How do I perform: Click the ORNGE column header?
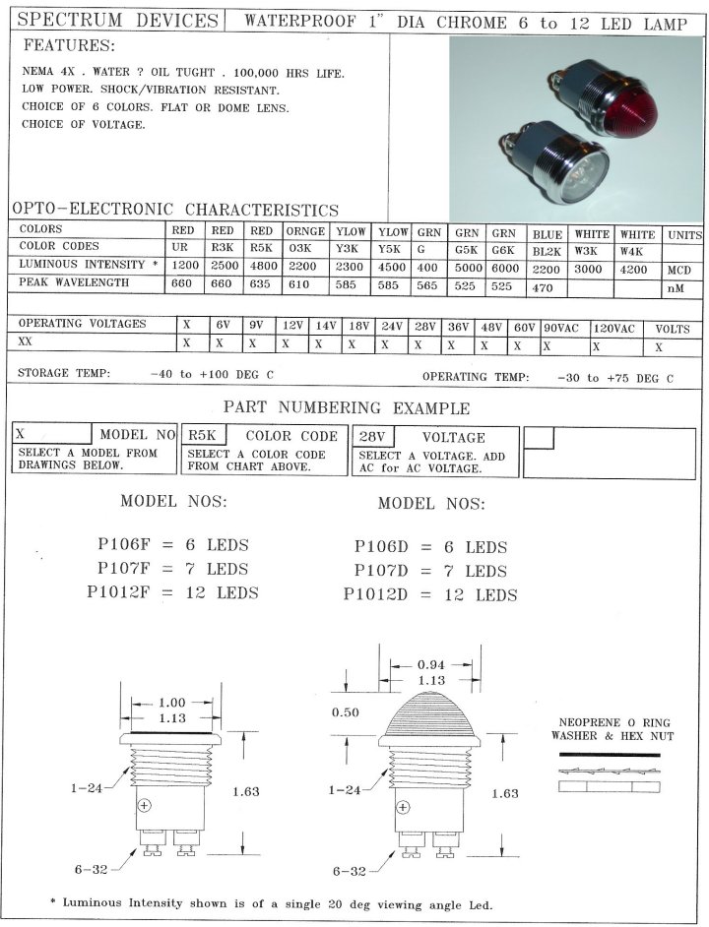pyautogui.click(x=305, y=230)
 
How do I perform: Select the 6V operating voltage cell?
pyautogui.click(x=224, y=325)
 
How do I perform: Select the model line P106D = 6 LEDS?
pyautogui.click(x=430, y=547)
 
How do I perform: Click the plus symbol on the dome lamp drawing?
pyautogui.click(x=402, y=808)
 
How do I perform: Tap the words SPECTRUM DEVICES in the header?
pyautogui.click(x=117, y=21)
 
